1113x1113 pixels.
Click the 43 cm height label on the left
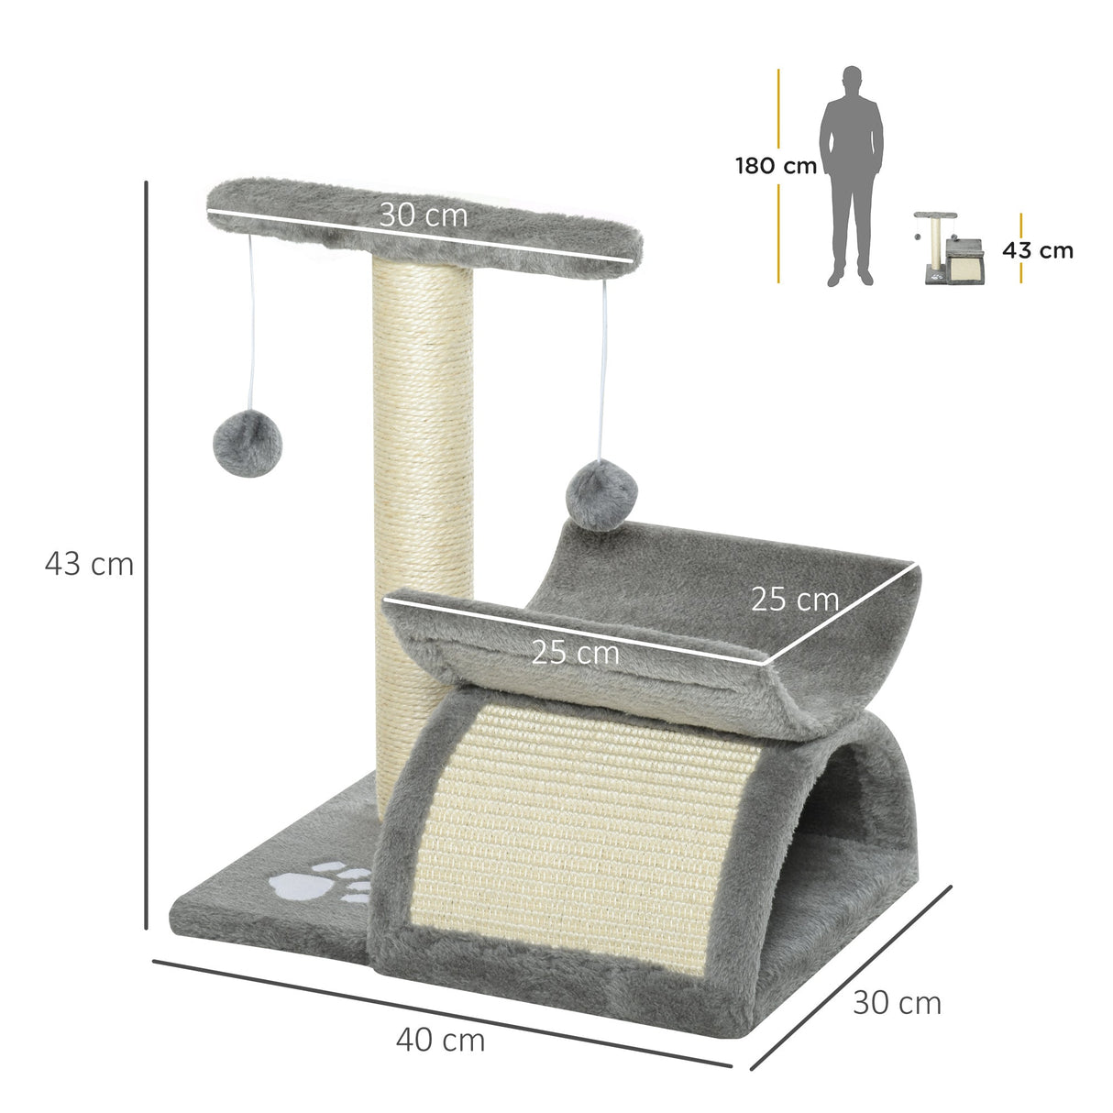click(89, 564)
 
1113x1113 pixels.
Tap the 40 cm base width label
click(440, 1040)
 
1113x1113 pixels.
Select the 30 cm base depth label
click(897, 1003)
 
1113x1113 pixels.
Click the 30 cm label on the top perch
click(424, 215)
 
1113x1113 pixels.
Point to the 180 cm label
click(775, 167)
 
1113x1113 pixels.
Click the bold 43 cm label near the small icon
click(1037, 250)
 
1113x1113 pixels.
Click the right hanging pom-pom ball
click(601, 493)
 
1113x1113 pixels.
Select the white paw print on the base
click(316, 882)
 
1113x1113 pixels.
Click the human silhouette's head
click(853, 80)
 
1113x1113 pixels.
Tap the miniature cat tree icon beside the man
click(948, 248)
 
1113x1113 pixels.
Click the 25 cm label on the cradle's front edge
click(575, 653)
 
